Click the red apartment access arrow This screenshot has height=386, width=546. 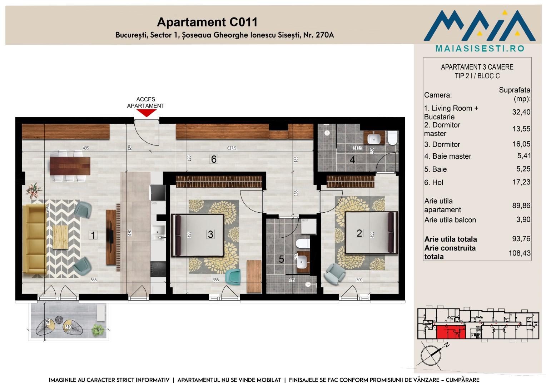tap(146, 113)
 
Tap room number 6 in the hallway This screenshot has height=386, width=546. tap(214, 159)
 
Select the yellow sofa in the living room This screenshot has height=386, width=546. tap(34, 239)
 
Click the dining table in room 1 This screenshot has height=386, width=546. tap(70, 166)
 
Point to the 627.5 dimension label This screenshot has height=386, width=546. tap(232, 148)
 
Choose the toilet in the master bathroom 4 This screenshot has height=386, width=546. tap(393, 138)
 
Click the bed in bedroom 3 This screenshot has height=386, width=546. tap(198, 235)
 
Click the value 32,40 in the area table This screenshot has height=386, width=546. tap(521, 112)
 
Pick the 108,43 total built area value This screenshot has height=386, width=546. tap(520, 253)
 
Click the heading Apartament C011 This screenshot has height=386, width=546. tap(207, 22)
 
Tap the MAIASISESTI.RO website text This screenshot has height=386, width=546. tap(480, 49)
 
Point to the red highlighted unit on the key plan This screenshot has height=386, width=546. tap(451, 332)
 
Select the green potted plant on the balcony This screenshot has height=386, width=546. tap(98, 330)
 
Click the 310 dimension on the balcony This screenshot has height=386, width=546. tap(68, 327)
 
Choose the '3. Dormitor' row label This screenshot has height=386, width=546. tap(442, 144)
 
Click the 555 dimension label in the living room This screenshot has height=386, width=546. tap(94, 280)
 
